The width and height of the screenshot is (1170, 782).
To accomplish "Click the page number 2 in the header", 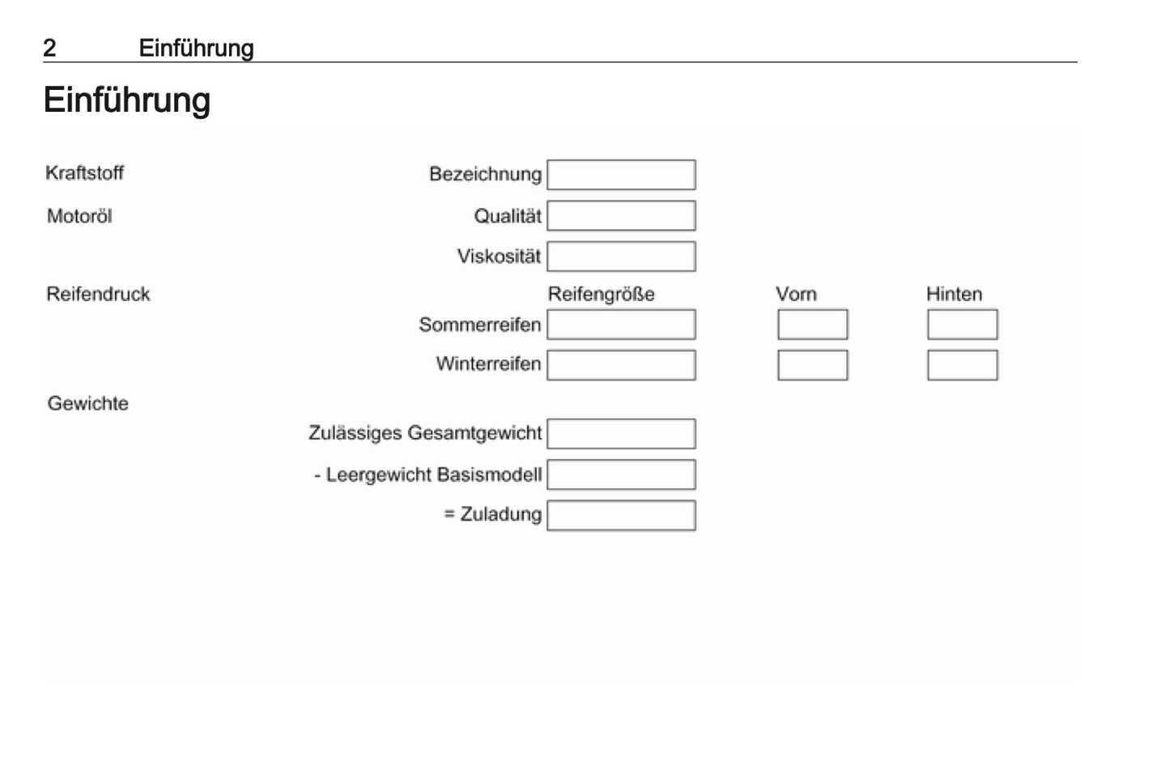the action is [49, 48].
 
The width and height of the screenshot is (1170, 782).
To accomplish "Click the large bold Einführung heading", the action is [127, 100].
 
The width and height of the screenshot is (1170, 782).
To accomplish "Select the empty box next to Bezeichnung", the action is [621, 175].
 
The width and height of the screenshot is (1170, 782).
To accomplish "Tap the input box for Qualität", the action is [621, 216].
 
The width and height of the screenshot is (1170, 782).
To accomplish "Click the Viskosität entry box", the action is [621, 257].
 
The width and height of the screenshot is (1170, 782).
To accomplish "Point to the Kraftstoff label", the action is [85, 173].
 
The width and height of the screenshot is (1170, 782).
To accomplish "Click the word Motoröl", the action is [79, 216].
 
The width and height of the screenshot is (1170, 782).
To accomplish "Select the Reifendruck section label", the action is [98, 294].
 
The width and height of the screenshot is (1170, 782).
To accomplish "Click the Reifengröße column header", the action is [601, 294].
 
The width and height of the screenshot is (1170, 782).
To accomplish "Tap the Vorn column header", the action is [796, 294].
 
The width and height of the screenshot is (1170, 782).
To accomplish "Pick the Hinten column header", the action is [955, 294].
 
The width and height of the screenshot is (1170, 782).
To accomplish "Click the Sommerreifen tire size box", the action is [621, 325].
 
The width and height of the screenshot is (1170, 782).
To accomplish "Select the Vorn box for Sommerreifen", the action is [813, 325].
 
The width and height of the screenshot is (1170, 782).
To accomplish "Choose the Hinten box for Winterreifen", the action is [963, 365].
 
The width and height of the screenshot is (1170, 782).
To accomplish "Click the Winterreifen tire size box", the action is [621, 365].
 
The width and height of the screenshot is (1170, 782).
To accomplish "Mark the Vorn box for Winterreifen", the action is [813, 365].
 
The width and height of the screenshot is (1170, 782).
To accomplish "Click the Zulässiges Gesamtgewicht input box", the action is [621, 434].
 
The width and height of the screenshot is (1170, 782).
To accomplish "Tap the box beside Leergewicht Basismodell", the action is [621, 474].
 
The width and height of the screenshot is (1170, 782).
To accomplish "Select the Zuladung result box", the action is [621, 516].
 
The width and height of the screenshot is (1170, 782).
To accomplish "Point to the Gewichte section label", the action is [87, 403].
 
